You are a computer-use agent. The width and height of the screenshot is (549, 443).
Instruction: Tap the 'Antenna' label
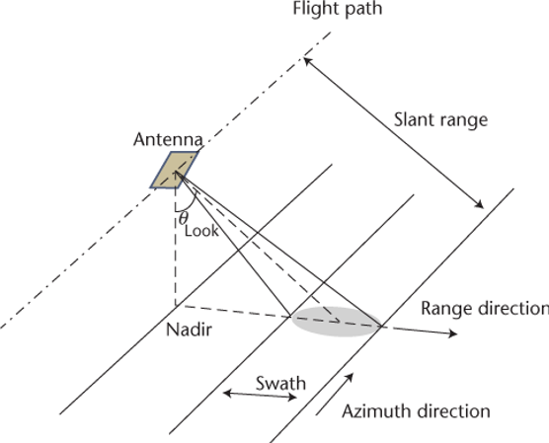pos(168,140)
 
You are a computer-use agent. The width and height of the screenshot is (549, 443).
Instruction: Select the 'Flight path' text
pos(337,11)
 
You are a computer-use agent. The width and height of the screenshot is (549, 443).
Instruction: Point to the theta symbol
pos(184,217)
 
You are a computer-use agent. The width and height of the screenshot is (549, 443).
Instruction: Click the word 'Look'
pos(201,232)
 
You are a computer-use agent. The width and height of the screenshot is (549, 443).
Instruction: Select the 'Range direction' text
pos(484,308)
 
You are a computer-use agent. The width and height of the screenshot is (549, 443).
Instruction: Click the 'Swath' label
pos(281,383)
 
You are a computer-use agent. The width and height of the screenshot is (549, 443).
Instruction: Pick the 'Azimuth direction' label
pos(416,410)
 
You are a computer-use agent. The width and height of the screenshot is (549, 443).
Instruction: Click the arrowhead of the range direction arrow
pos(453,334)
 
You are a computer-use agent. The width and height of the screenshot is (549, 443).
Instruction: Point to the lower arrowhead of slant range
pos(480,204)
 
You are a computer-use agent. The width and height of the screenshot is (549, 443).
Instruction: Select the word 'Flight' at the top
pos(314,11)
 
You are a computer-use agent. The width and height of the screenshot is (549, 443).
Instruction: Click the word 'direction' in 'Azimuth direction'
pos(451,410)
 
